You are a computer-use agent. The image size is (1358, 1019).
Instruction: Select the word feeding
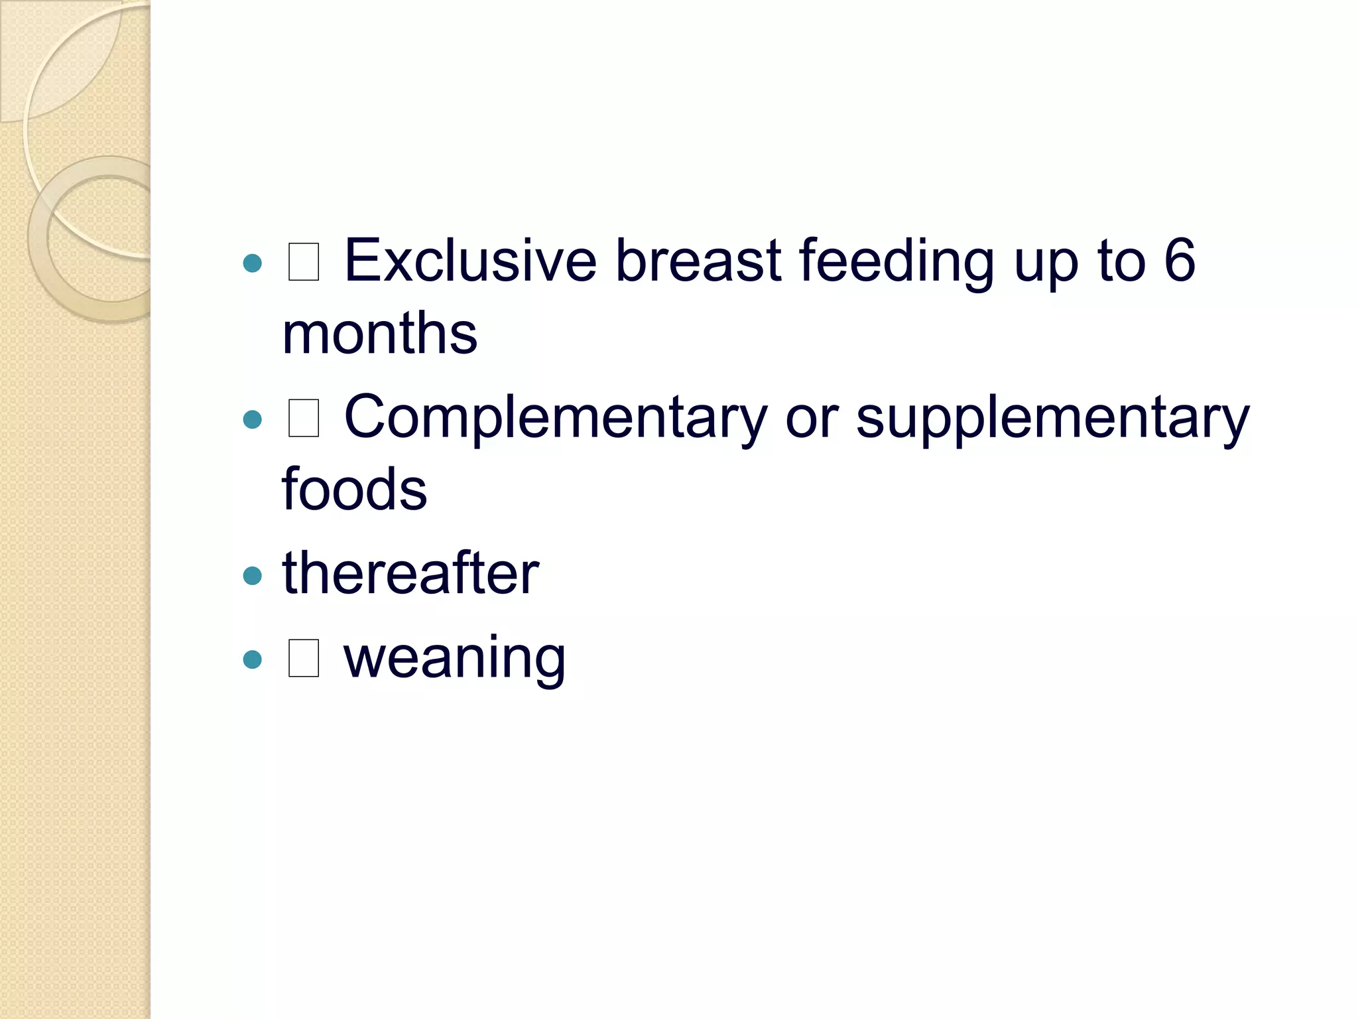896,262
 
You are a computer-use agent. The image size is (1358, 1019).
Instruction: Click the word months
379,333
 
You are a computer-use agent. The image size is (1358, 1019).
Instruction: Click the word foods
354,490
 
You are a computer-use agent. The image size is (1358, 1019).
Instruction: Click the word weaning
454,658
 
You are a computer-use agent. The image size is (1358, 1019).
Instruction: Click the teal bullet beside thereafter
253,575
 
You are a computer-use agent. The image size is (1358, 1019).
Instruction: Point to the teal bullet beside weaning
253,659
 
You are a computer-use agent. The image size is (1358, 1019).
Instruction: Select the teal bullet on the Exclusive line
253,263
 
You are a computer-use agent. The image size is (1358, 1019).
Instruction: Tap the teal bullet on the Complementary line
253,419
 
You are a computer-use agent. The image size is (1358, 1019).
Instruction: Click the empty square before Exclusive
304,261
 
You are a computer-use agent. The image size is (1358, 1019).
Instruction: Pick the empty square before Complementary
304,418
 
